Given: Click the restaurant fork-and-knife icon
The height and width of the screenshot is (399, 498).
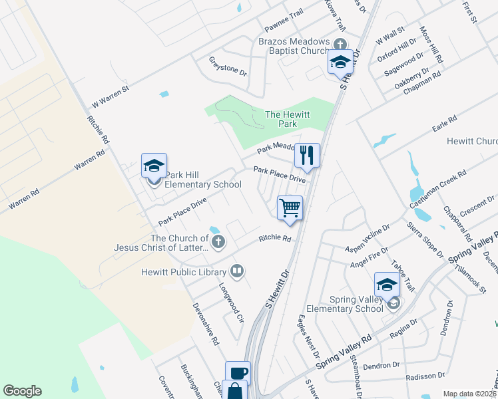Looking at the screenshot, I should click(307, 156).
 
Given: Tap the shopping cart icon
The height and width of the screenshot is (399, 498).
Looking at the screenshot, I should click(290, 207).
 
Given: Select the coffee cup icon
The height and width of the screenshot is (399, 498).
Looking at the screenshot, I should click(238, 373).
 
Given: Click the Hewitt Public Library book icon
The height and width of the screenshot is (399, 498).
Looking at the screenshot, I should click(236, 271).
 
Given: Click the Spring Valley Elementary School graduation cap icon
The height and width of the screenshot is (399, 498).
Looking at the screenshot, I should click(387, 285).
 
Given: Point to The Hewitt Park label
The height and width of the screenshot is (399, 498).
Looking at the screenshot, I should click(288, 119).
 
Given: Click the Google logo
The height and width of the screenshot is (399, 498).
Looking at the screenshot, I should click(22, 391).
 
